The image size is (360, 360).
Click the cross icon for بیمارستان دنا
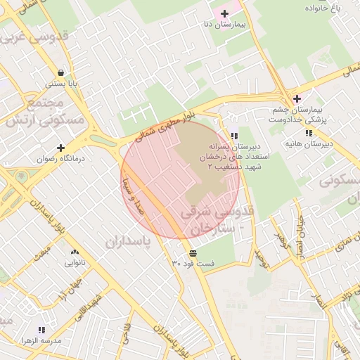(x=224, y=13)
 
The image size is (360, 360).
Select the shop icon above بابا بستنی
(x=61, y=72)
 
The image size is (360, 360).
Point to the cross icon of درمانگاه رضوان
(x=61, y=148)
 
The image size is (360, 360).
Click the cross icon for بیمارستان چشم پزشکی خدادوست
(x=297, y=98)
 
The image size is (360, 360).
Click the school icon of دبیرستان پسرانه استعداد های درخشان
(x=233, y=136)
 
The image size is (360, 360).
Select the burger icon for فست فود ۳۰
(x=193, y=252)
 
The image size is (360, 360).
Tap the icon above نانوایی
(x=75, y=252)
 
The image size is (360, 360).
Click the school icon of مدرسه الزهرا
(x=41, y=330)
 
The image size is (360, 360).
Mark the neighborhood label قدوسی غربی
(x=40, y=35)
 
